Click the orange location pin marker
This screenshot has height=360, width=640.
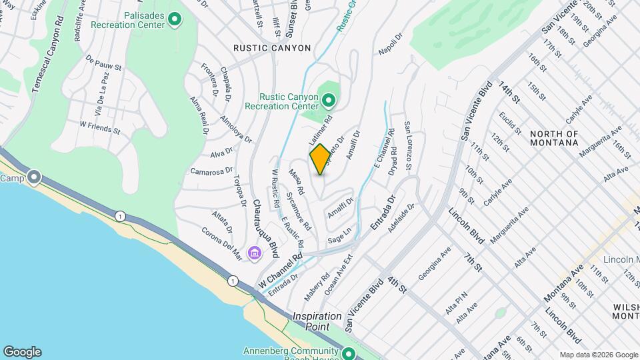click(x=320, y=159)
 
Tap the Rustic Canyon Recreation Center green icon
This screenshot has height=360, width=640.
click(x=328, y=101)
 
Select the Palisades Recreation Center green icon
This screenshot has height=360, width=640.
click(x=175, y=19)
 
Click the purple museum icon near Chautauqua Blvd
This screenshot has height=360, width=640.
click(x=253, y=253)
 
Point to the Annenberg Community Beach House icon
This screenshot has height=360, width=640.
click(x=347, y=353)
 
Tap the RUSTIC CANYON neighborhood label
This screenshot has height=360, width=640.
click(x=272, y=48)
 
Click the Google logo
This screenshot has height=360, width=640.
click(x=22, y=352)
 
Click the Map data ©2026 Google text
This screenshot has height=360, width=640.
click(x=598, y=355)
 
